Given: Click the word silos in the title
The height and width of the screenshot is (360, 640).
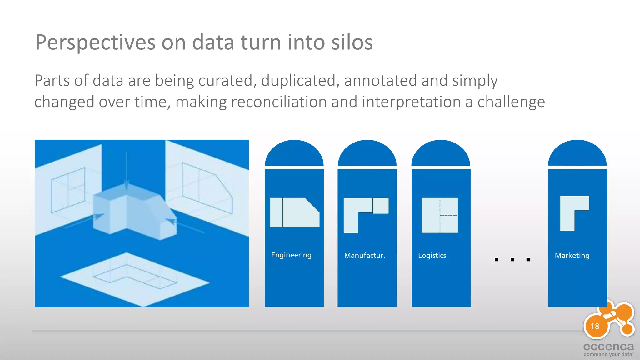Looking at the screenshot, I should pos(352,42).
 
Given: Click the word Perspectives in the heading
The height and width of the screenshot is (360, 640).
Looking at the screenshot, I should pos(95,42).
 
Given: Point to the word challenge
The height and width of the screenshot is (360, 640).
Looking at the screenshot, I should pos(511,102).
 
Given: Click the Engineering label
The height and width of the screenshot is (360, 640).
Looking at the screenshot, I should pos(291,255).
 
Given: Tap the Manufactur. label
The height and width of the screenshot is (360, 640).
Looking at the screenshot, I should pos(364,255).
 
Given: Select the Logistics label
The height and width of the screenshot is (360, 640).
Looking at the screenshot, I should pos(432,255).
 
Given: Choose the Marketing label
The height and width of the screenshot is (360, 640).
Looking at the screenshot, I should pos(572,255).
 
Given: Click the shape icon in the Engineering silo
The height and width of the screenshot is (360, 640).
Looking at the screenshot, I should pos(294,212).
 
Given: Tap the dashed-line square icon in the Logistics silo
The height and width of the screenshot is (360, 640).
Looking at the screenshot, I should pos(440,215).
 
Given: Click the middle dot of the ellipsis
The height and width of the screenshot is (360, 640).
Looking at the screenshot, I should pos(512,260).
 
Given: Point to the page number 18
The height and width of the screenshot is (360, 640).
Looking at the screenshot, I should pos(595,326).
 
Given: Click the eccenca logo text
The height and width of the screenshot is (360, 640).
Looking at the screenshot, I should pos(608,347).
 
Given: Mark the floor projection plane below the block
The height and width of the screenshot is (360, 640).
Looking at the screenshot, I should pos(134,278).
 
